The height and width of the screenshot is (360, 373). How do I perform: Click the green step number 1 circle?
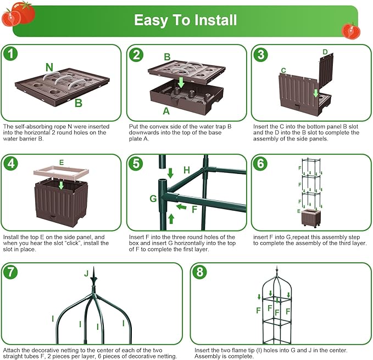(x=10, y=53)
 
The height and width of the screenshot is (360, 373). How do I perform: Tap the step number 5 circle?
(x=135, y=163)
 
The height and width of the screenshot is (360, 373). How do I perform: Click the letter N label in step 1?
(x=49, y=67)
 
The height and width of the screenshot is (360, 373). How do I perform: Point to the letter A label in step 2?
(x=167, y=110)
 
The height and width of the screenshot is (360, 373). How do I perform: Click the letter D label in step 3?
(x=325, y=52)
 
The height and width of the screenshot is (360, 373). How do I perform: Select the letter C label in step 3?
(x=283, y=70)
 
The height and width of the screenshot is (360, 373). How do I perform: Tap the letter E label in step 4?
(x=62, y=162)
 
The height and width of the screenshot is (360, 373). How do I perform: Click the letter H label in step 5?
(x=187, y=171)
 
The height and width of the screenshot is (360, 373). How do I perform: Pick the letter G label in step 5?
(x=153, y=198)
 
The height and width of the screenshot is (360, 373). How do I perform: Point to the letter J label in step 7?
(x=86, y=273)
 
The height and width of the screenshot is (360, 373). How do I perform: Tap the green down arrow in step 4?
(x=61, y=185)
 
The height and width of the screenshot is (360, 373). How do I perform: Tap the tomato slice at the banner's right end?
(x=349, y=30)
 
